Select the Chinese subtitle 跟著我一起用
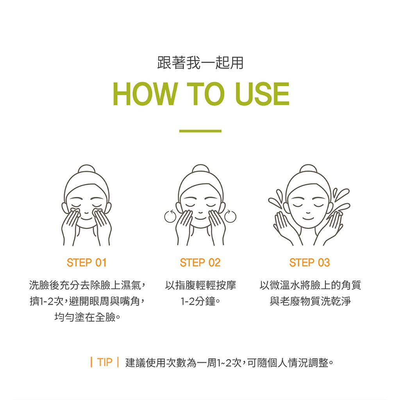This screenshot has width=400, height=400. pos(200,63)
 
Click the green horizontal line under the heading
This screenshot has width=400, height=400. pos(200,131)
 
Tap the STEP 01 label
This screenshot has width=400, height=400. pos(86,263)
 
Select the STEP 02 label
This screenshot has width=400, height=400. pos(200,263)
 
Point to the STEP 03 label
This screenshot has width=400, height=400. pos(310,263)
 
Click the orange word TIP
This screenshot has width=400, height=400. pos(105,362)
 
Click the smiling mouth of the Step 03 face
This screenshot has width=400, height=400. pos(308,218)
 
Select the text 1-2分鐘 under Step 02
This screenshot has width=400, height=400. pos(197,301)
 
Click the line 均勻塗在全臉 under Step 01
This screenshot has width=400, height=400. pos(85,317)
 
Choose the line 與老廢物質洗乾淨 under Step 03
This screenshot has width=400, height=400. pos(310,301)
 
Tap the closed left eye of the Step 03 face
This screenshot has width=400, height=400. pos(297,205)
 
